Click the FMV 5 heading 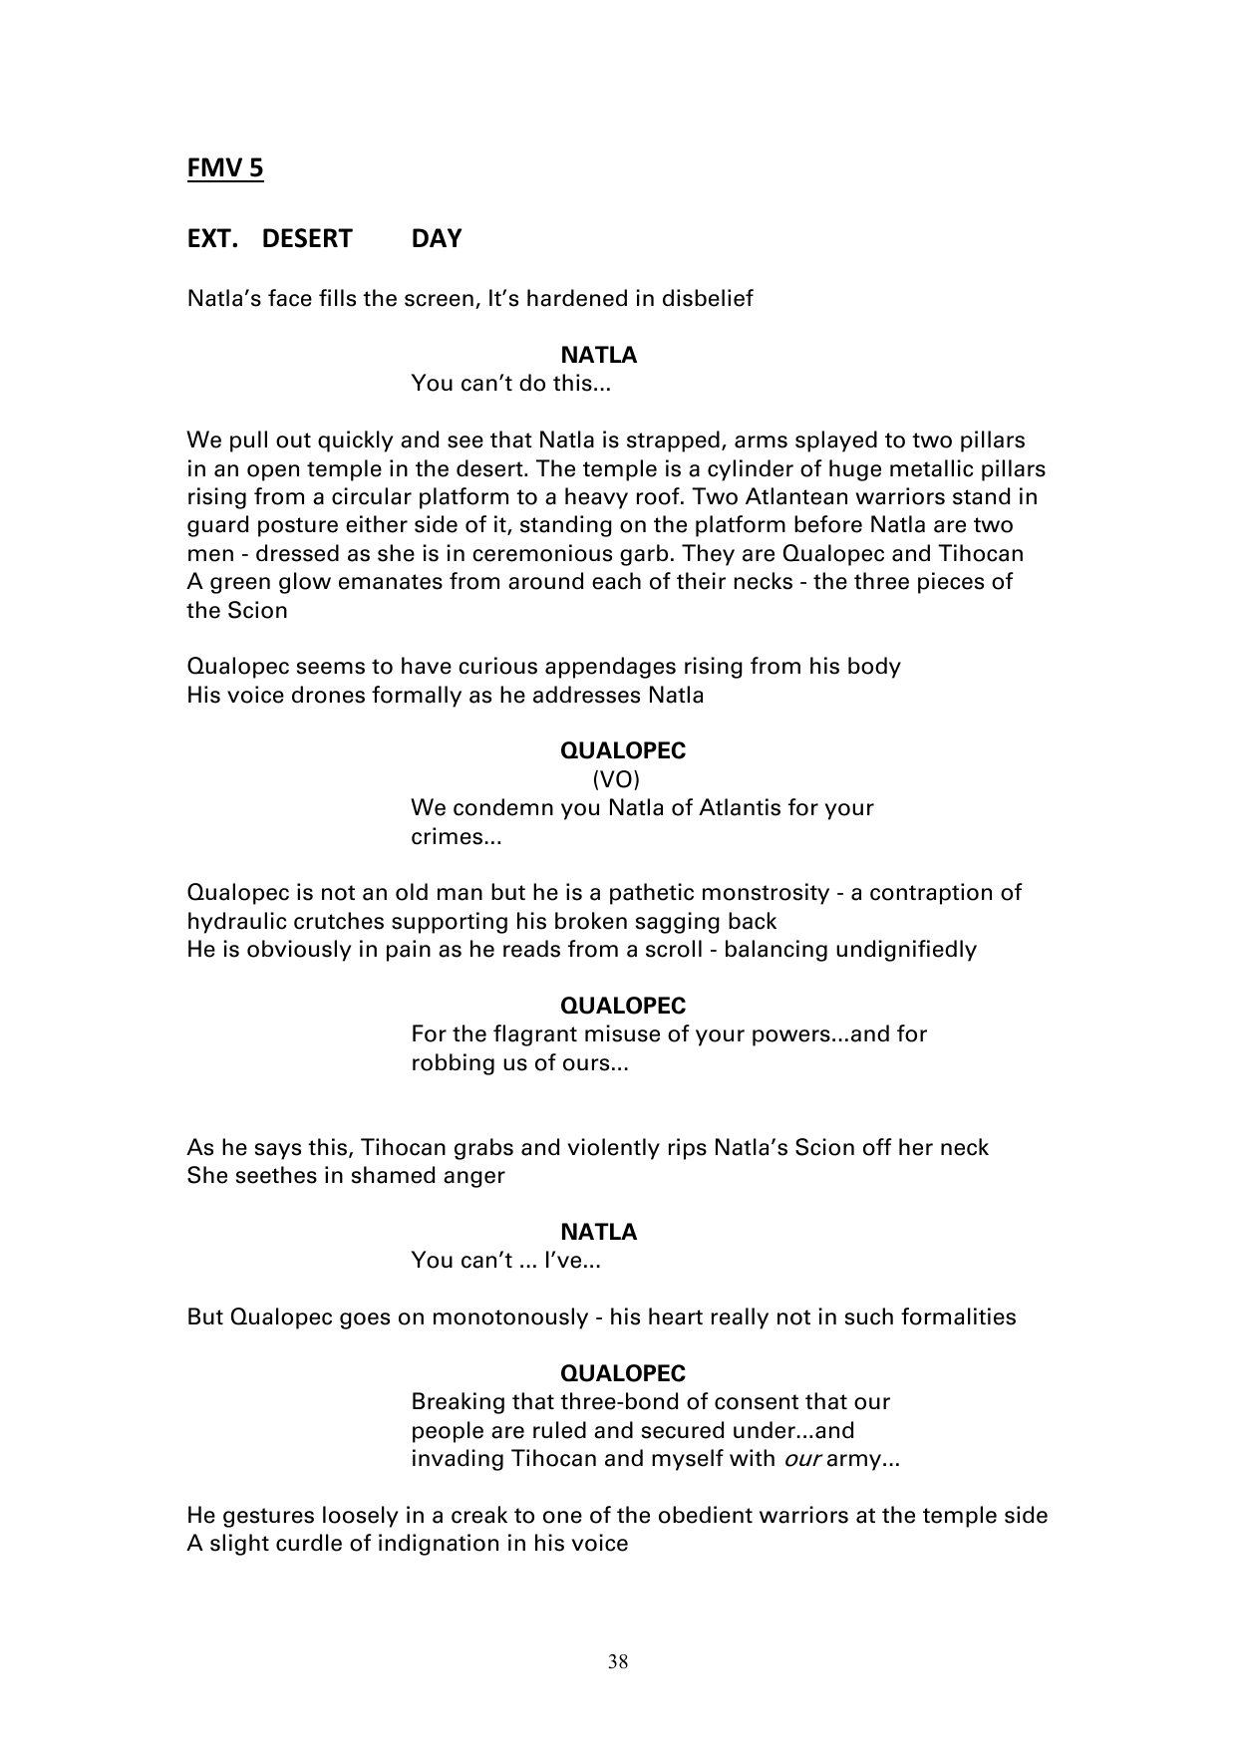coord(225,168)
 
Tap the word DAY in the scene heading coord(437,239)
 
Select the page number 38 coord(618,1661)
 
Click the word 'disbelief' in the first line coord(707,298)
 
